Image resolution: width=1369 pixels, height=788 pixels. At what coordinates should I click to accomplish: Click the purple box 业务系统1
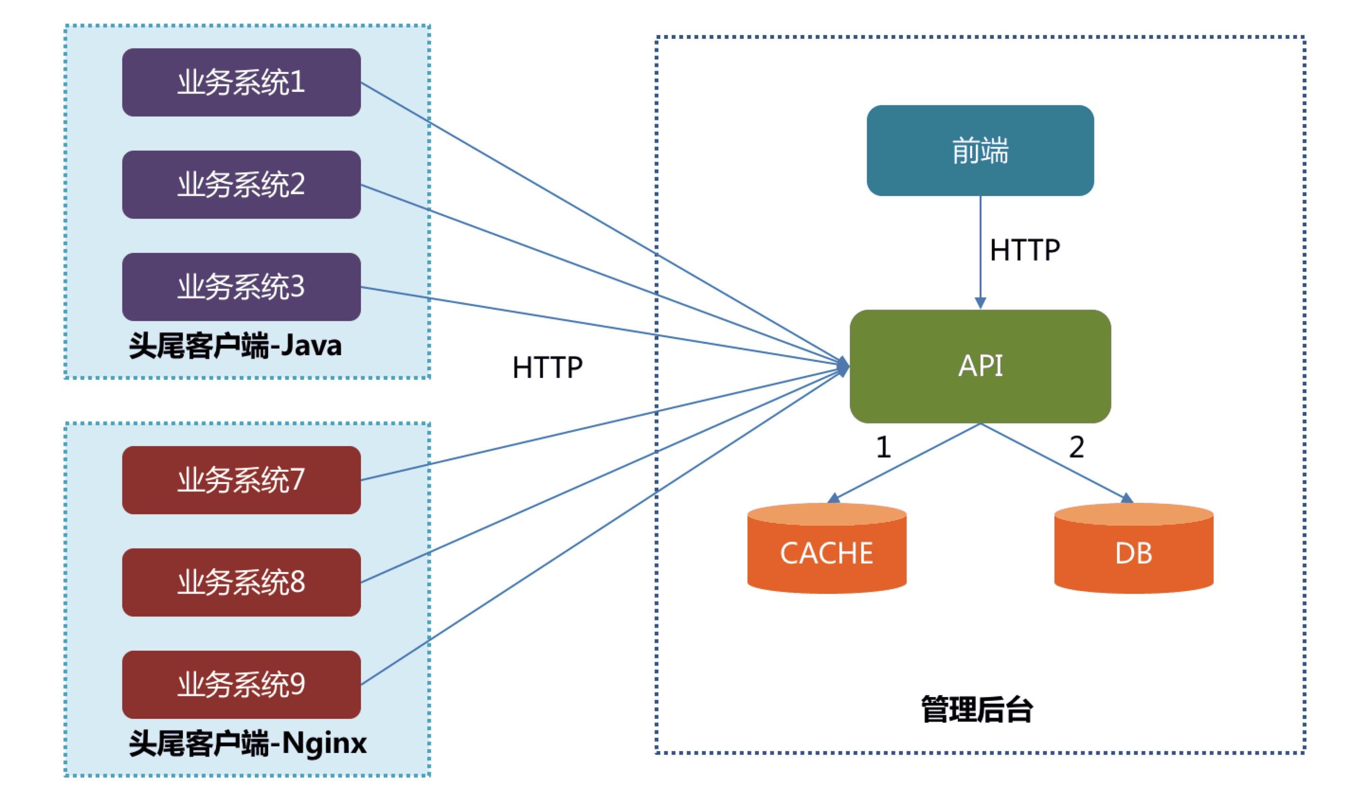click(x=242, y=82)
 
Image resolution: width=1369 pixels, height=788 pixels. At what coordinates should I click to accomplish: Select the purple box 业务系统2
click(x=242, y=185)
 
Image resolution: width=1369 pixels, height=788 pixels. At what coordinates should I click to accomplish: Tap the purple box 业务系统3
click(x=242, y=287)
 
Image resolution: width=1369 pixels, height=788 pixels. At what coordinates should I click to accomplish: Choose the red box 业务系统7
click(x=242, y=480)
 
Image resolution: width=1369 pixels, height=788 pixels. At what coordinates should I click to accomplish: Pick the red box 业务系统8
click(x=242, y=582)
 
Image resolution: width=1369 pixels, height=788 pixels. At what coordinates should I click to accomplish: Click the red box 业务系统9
click(x=242, y=685)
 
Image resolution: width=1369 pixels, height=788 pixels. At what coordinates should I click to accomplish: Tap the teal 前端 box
click(x=980, y=151)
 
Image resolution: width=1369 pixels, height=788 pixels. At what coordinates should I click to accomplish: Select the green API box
click(x=980, y=367)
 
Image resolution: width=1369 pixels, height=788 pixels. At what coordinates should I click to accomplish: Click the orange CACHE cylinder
click(x=827, y=552)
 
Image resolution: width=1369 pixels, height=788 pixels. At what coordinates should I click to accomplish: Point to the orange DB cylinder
click(x=1134, y=552)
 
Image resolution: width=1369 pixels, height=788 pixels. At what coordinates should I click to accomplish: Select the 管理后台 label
click(x=977, y=709)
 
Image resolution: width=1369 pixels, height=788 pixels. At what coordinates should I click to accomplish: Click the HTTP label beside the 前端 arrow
click(x=1025, y=251)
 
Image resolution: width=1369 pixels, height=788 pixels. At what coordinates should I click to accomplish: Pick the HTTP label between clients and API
click(x=547, y=368)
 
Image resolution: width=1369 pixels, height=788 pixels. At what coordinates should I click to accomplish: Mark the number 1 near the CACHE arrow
click(x=883, y=448)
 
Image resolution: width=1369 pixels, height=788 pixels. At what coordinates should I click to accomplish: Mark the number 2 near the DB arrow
click(x=1077, y=448)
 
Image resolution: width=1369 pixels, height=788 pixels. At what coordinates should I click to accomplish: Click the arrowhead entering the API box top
click(x=980, y=303)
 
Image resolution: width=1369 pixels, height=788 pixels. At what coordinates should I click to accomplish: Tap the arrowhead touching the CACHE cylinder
click(x=834, y=498)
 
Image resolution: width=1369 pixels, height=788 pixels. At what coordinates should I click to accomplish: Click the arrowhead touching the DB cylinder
click(x=1126, y=498)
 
